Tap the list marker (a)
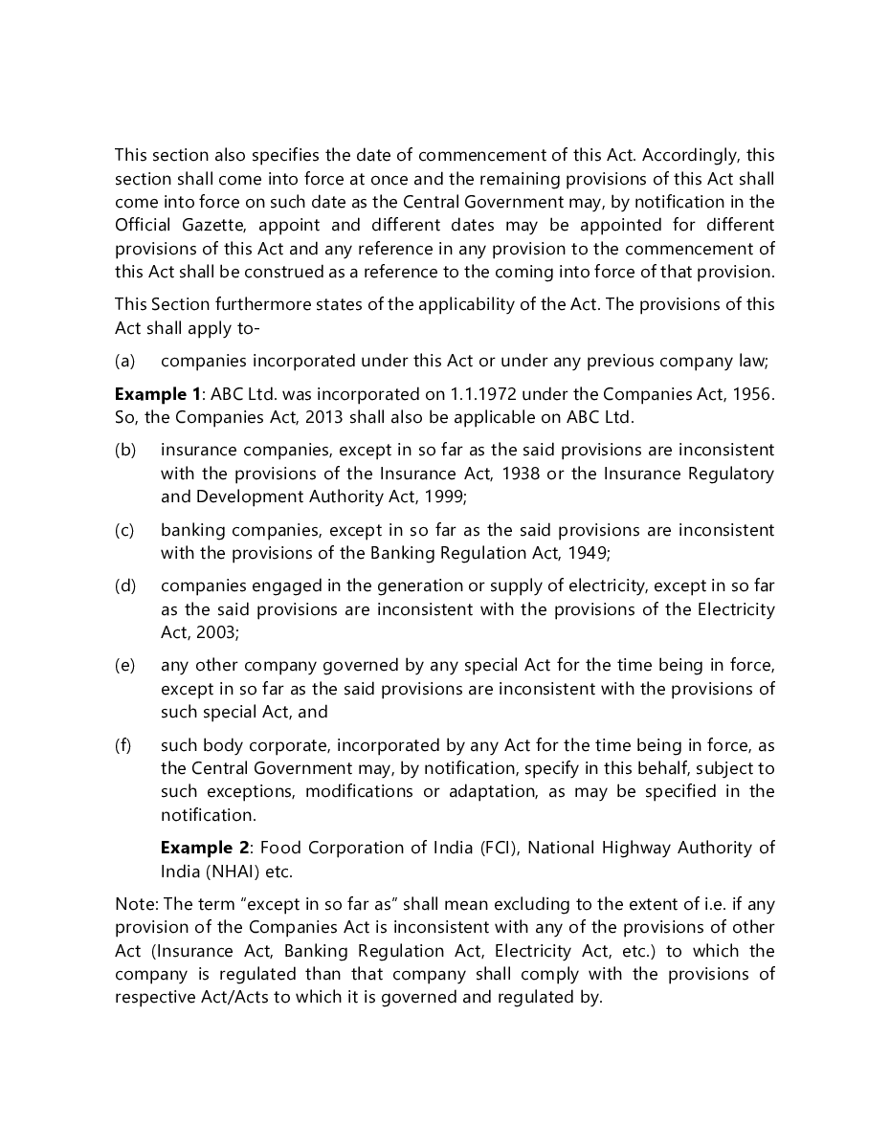[124, 361]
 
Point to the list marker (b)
[125, 450]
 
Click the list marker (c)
[124, 530]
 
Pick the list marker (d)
[125, 585]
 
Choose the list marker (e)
[125, 665]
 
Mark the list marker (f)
[123, 745]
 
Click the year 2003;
[216, 633]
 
